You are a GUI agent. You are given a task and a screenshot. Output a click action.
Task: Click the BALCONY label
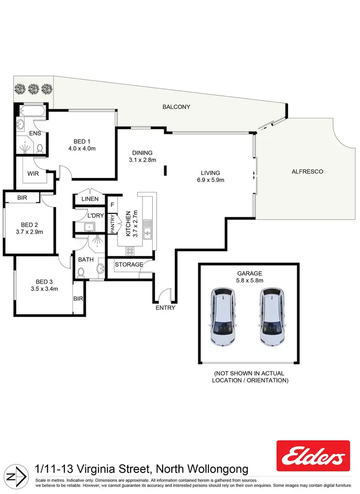[x=176, y=107]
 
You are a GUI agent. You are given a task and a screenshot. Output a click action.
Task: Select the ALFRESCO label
[x=307, y=171]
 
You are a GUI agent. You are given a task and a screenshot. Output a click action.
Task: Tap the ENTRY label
[x=166, y=307]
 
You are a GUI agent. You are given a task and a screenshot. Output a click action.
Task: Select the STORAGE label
[x=129, y=264]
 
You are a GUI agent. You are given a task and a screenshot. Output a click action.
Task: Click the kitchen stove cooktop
[x=131, y=250]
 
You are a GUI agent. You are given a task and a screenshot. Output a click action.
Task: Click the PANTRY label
[x=112, y=224]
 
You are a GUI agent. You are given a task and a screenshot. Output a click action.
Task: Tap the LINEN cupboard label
[x=90, y=199]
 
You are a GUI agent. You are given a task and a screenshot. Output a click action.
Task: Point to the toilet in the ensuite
[x=40, y=148]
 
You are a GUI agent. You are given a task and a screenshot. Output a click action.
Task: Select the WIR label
[x=33, y=174]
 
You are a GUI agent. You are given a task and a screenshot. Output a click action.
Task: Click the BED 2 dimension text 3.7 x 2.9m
[x=30, y=232]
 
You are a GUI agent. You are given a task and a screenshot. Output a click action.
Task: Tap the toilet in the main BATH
[x=81, y=272]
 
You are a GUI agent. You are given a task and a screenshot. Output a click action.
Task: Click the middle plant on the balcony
[x=33, y=88]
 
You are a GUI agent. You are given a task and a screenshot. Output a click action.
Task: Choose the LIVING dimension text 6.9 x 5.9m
[x=210, y=180]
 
